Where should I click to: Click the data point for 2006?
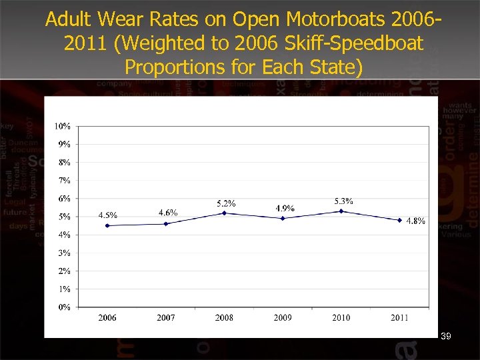coord(107,225)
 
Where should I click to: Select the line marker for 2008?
coord(225,213)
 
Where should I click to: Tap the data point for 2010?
coord(341,211)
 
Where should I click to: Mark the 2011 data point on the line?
coord(399,220)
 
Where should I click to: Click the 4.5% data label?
coord(108,215)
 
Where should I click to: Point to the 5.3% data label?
coord(343,201)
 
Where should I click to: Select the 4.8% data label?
coord(415,221)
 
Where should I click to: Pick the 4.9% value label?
coord(285,208)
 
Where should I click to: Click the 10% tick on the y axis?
coord(63,126)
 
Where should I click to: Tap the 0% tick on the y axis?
coord(65,307)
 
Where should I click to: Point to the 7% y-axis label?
coord(65,181)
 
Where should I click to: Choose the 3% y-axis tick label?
coord(65,253)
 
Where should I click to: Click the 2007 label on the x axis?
coord(166,318)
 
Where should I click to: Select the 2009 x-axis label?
coord(283,318)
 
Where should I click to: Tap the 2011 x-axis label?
coord(399,318)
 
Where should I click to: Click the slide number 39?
coord(446,337)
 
